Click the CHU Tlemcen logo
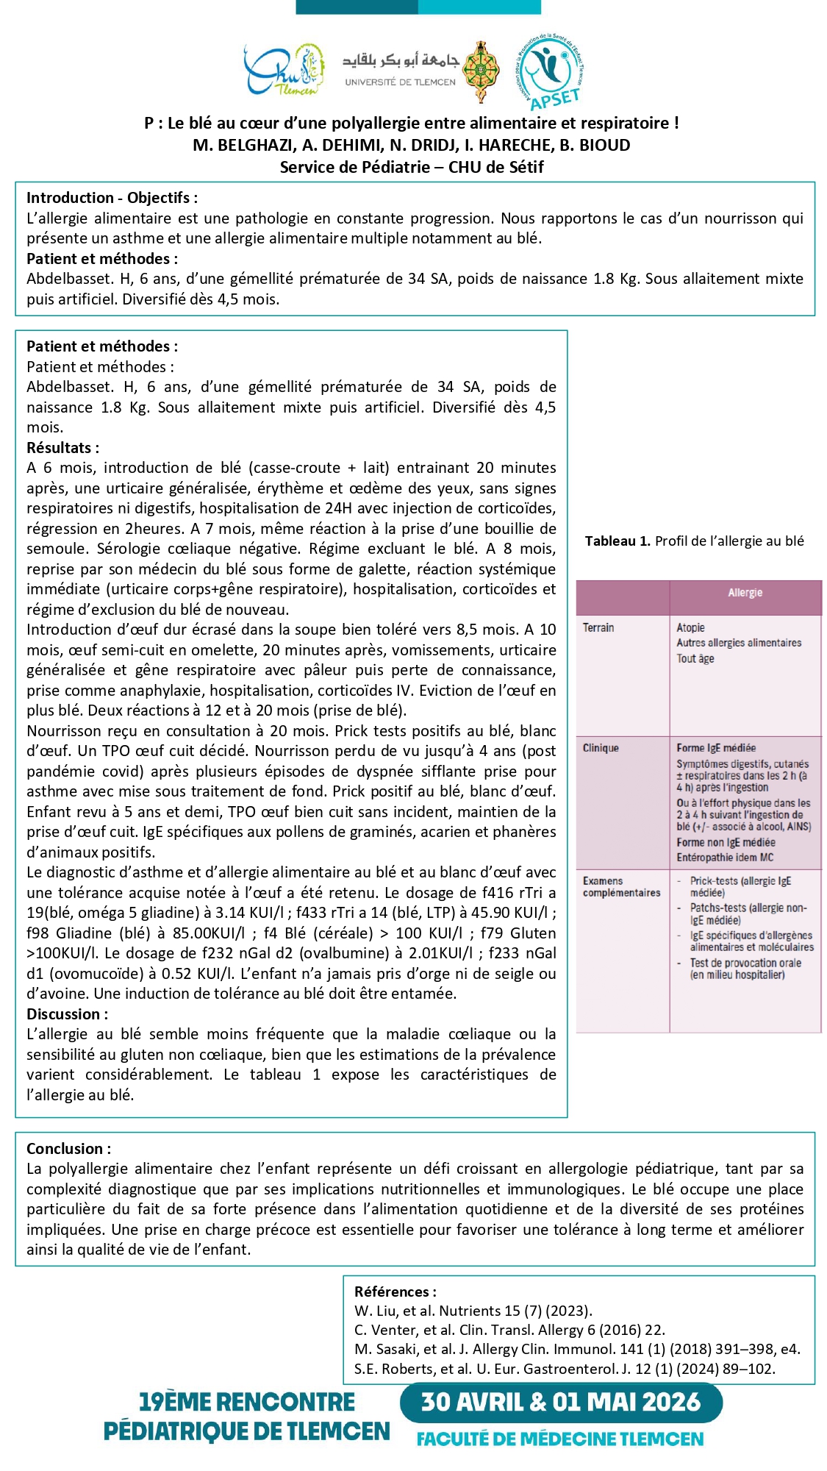pos(284,70)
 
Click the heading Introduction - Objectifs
pos(112,198)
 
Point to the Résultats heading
pos(62,448)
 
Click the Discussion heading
pos(67,1014)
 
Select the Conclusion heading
pos(69,1149)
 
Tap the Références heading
pos(395,1292)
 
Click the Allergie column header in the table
pos(745,593)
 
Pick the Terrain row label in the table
pos(598,627)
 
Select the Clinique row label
pos(601,748)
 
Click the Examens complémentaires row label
pos(621,886)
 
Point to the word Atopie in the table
pos(690,627)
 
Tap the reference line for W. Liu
pos(473,1311)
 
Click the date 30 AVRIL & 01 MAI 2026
pos(561,1402)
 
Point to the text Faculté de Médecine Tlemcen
pos(560,1439)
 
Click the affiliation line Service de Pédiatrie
pos(412,167)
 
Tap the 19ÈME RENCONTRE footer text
pos(247,1402)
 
